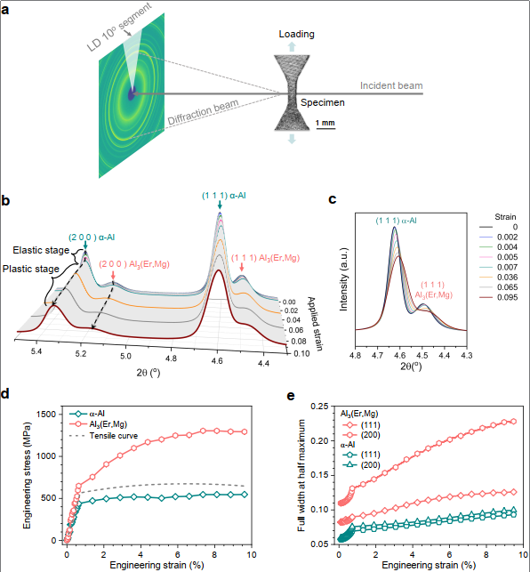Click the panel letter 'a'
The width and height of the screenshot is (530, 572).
click(x=5, y=10)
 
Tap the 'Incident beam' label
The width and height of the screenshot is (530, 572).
click(x=391, y=85)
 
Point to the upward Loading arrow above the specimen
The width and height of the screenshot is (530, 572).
click(x=292, y=46)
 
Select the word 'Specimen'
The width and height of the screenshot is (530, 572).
click(x=323, y=102)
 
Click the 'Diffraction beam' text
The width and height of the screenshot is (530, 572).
click(x=203, y=112)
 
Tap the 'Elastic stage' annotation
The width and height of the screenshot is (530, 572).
click(x=41, y=250)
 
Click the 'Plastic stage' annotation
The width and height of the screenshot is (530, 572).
click(x=30, y=269)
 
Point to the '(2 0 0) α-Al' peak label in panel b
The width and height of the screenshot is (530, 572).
click(x=92, y=238)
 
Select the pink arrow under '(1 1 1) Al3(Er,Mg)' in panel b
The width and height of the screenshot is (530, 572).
click(x=242, y=268)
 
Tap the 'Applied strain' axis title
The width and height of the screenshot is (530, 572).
click(x=315, y=324)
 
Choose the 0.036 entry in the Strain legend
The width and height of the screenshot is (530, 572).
click(x=498, y=278)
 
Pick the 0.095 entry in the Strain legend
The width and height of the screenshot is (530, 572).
click(x=498, y=297)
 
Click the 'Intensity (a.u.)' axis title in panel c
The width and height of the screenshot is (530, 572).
click(x=343, y=279)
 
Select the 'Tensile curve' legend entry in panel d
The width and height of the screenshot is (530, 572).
click(x=103, y=436)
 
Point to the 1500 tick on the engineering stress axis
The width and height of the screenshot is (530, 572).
click(x=46, y=415)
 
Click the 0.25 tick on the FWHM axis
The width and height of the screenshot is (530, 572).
click(x=319, y=406)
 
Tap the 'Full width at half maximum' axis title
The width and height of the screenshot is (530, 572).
click(x=301, y=475)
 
